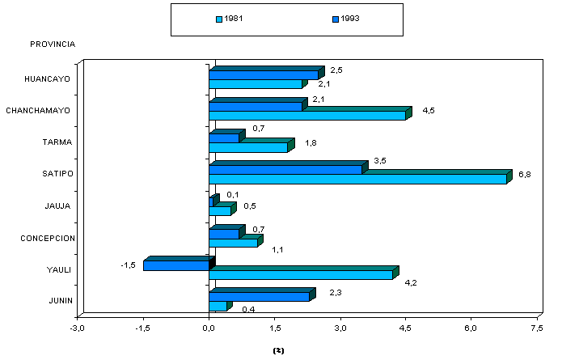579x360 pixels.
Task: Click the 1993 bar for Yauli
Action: tap(175, 265)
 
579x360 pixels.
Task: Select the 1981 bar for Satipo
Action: tap(357, 179)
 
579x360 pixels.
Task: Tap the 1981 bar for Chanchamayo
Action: tap(307, 116)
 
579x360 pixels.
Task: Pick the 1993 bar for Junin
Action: tap(259, 297)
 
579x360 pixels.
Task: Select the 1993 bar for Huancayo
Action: tap(263, 75)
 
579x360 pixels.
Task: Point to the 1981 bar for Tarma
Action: tap(248, 147)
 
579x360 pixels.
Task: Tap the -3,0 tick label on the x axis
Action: tap(77, 328)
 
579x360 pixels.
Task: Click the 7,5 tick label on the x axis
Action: tap(537, 328)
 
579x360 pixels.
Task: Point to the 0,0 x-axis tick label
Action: tap(209, 328)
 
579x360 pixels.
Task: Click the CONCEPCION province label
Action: tap(48, 238)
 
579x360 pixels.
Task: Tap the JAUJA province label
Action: tap(58, 206)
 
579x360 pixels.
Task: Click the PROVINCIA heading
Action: tap(53, 44)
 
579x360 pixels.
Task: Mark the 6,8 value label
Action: tap(525, 174)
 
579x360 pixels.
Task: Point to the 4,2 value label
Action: tap(411, 282)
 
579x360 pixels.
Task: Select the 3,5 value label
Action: tap(379, 161)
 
